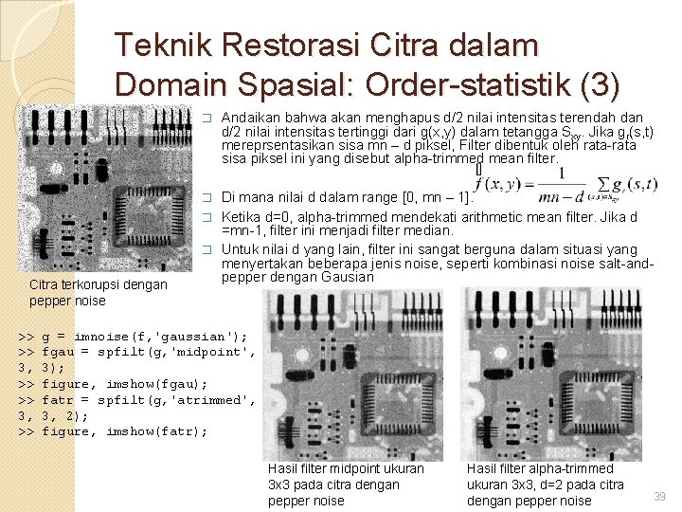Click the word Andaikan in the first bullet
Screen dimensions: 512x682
(x=249, y=117)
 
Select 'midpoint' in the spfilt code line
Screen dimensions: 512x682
(x=219, y=352)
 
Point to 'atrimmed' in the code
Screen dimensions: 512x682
(x=220, y=400)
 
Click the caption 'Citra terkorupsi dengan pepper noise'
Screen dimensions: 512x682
(x=99, y=292)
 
